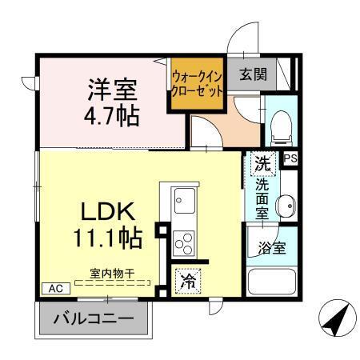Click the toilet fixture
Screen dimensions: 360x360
[279, 124]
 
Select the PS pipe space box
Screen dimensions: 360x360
[290, 158]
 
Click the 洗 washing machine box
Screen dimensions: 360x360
[263, 162]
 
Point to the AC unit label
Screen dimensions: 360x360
[55, 288]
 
